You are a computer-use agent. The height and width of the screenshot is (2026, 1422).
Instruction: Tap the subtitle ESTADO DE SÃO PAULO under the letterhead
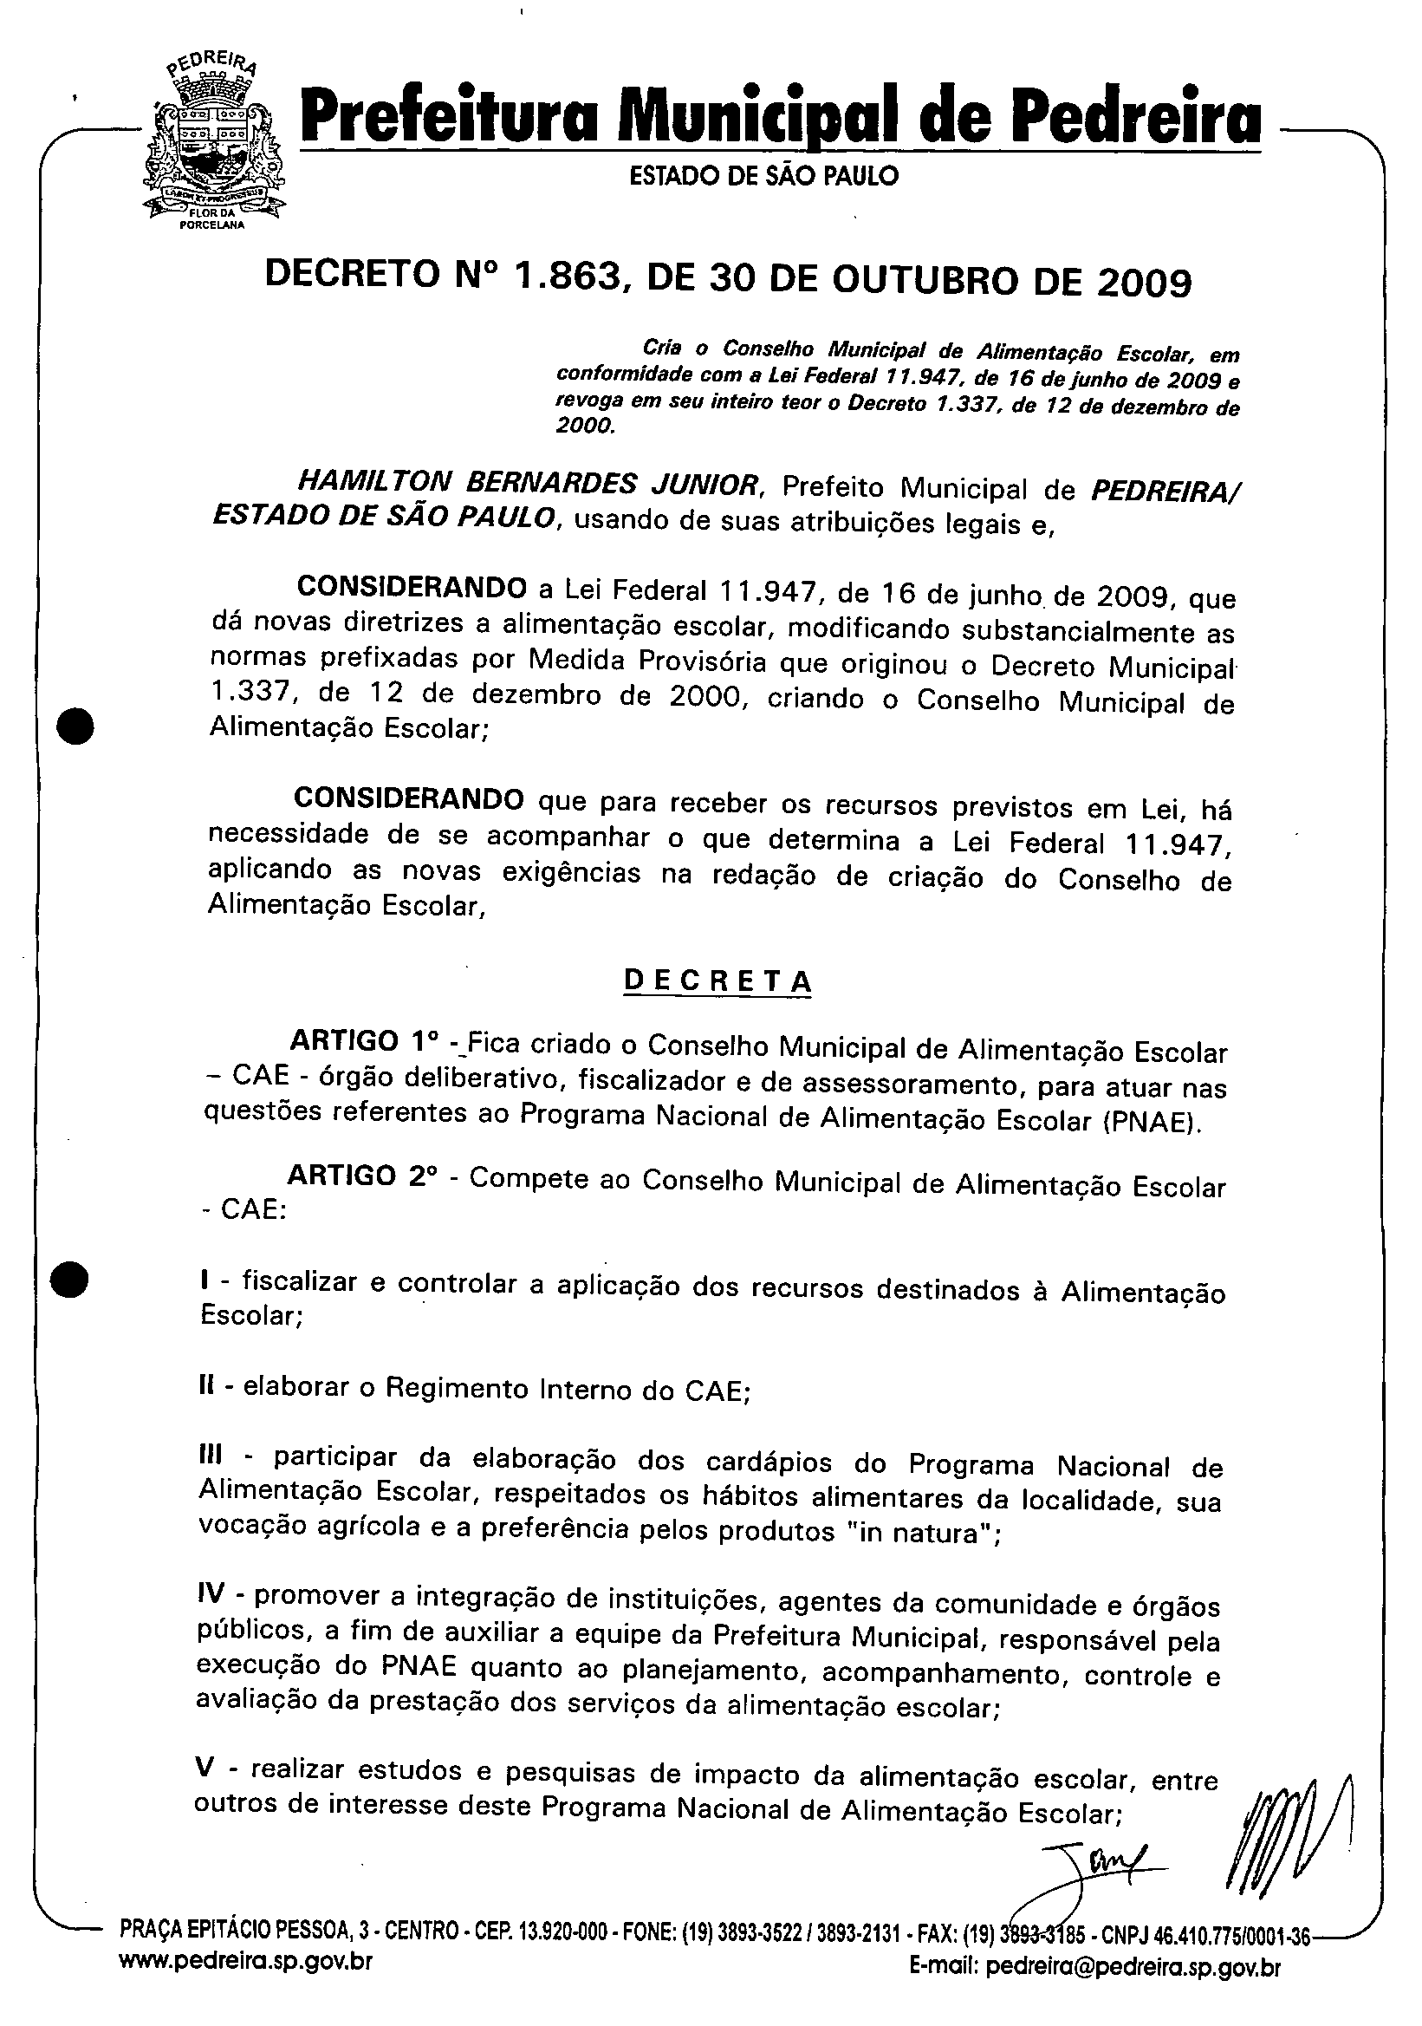tap(764, 177)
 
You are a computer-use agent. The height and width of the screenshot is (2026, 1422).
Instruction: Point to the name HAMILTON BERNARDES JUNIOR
tap(528, 484)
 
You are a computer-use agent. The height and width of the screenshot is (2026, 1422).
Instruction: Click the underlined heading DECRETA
tap(717, 982)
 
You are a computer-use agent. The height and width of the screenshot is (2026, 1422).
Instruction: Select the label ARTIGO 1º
tap(364, 1042)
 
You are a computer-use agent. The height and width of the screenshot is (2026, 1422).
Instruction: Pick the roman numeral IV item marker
tap(211, 1594)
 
